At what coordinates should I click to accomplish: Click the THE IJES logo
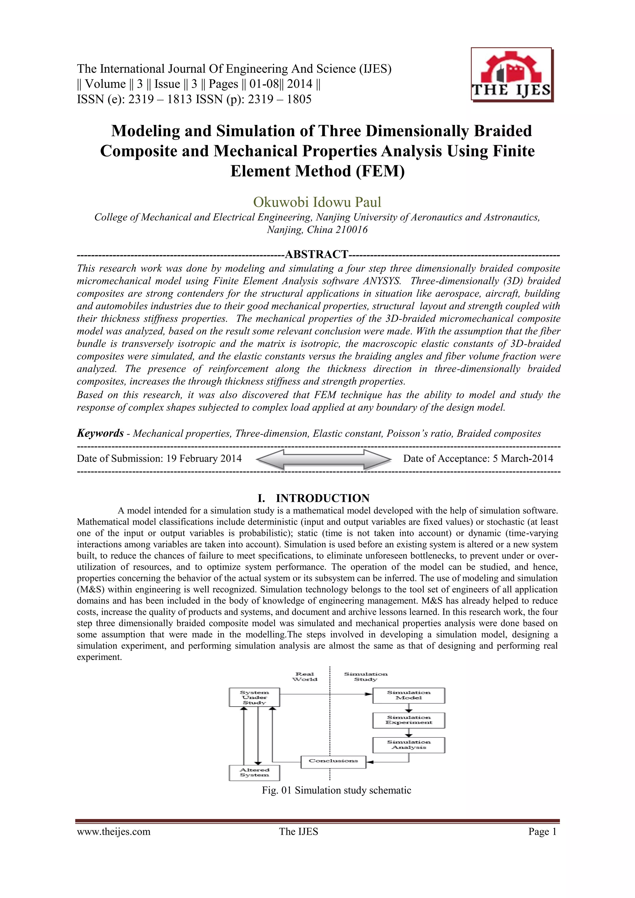512,75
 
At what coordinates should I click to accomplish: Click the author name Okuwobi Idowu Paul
317,202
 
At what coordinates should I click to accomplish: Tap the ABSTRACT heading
317,254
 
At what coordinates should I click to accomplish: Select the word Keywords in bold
100,433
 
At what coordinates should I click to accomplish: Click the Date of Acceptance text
478,458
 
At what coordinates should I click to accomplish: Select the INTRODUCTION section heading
322,498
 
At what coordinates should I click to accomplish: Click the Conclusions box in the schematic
333,761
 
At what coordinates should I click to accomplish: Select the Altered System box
254,772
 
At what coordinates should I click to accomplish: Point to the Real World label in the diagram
305,677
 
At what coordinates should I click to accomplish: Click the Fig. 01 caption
336,790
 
